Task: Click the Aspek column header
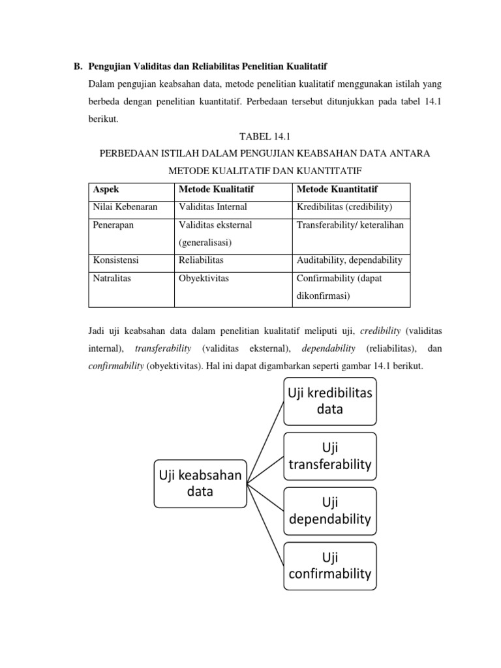click(106, 189)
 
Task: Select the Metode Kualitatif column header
click(216, 189)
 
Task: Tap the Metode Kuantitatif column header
click(337, 189)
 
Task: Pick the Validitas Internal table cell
click(213, 207)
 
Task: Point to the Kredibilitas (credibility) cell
click(344, 207)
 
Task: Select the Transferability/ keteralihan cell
click(350, 225)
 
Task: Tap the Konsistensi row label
click(116, 260)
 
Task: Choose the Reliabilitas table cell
click(201, 260)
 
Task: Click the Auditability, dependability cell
click(349, 260)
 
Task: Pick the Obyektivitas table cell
click(204, 278)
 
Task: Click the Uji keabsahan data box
click(200, 483)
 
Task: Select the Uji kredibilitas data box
click(330, 401)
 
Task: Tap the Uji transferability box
click(330, 456)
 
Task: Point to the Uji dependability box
click(330, 511)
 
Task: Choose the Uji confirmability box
click(330, 566)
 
